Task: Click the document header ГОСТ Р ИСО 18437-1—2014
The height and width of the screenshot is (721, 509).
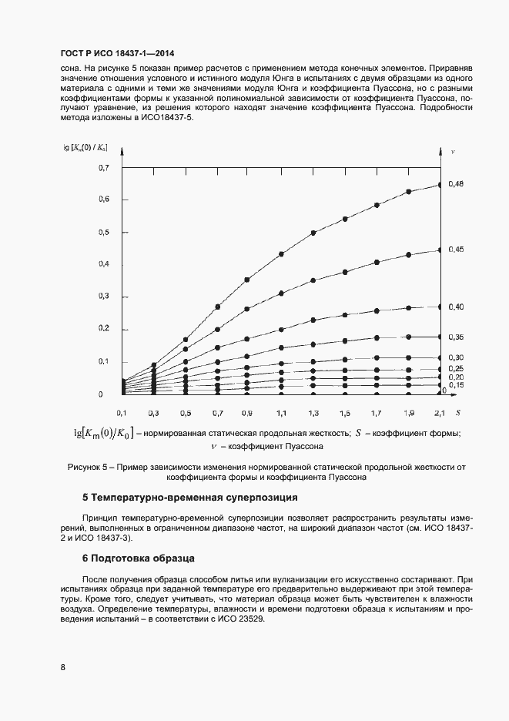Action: coord(116,53)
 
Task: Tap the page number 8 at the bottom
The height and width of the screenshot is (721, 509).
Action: coord(62,667)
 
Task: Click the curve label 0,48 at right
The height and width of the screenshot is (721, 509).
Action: coord(455,184)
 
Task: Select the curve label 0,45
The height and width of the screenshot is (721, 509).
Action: coord(455,250)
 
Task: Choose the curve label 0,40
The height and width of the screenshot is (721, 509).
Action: coord(455,307)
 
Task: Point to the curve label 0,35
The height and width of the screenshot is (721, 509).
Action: coord(455,337)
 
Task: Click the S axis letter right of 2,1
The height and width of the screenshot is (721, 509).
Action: coord(457,413)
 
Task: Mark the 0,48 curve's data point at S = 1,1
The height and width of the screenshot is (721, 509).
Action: coord(281,253)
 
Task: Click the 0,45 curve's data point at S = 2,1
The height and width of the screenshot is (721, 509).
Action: coord(440,250)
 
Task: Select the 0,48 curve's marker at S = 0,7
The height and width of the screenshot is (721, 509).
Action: coord(218,307)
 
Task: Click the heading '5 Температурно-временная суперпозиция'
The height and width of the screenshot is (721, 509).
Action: coord(189,498)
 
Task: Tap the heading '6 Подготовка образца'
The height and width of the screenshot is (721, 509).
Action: coord(139,557)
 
